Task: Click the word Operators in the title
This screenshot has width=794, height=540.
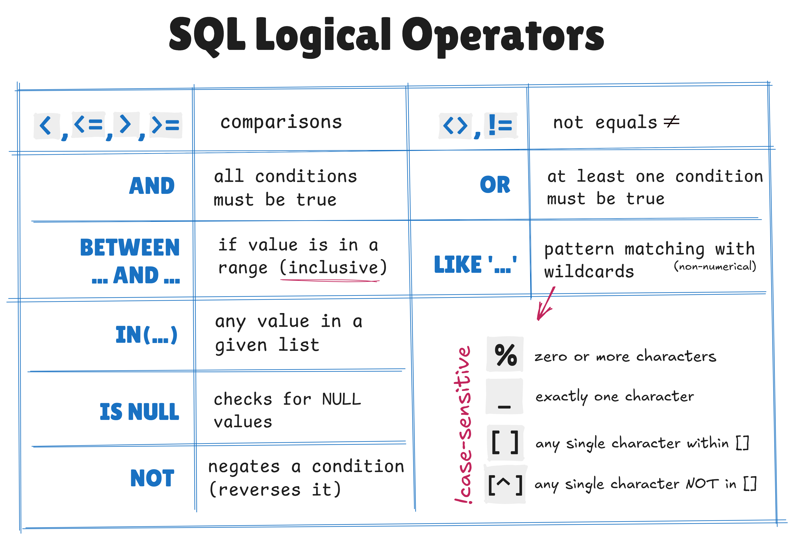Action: (x=502, y=36)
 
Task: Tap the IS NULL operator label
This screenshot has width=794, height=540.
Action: (x=139, y=412)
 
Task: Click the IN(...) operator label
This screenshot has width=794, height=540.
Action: (x=146, y=335)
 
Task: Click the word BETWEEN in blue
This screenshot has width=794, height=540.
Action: (x=130, y=248)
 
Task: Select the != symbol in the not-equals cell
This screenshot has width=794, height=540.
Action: (x=501, y=125)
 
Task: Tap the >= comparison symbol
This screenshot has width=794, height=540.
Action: (x=166, y=125)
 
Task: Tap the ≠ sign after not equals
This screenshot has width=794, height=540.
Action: (x=671, y=122)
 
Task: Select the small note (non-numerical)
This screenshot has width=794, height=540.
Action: (x=715, y=266)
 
